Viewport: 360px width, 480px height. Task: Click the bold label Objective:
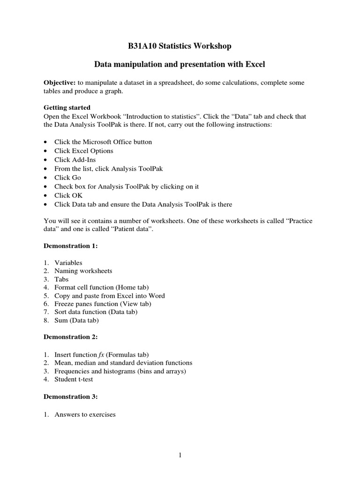(x=60, y=82)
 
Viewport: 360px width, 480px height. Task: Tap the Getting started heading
(x=67, y=107)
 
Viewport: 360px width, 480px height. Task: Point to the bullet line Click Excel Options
(x=83, y=151)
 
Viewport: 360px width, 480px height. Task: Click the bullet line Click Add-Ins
(x=75, y=160)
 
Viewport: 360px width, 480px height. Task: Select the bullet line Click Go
(x=67, y=178)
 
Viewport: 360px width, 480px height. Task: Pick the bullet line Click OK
(x=68, y=195)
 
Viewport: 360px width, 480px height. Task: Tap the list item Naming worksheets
(x=83, y=271)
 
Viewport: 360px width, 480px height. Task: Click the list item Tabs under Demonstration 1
(x=61, y=279)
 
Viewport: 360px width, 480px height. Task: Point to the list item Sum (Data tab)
(x=76, y=321)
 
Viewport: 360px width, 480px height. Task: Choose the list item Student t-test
(x=74, y=380)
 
